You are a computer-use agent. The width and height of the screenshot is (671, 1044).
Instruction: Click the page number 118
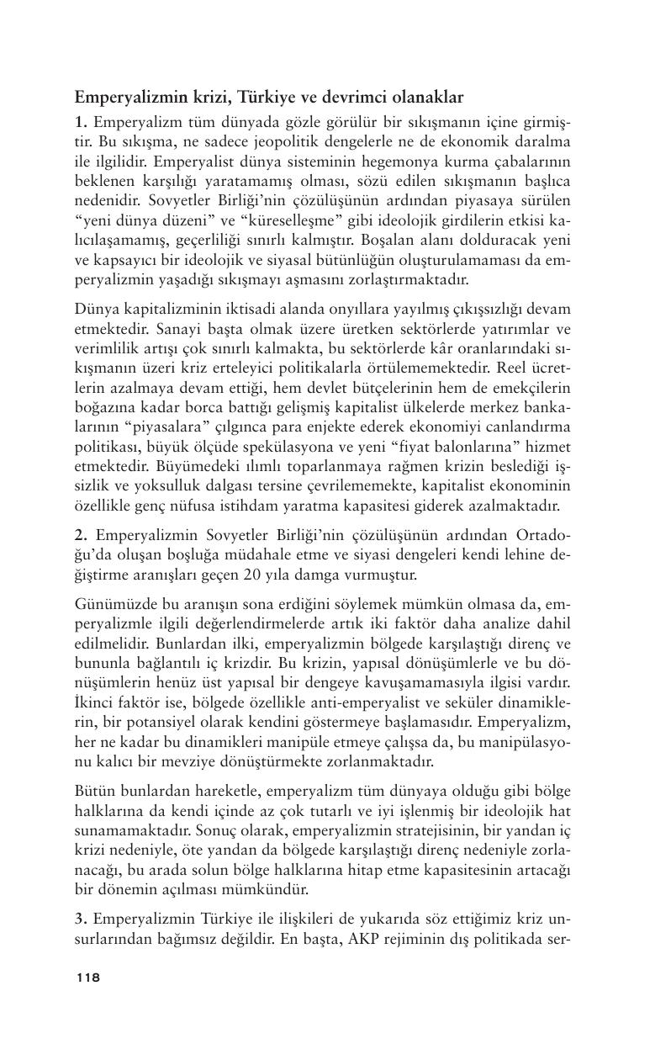(x=87, y=977)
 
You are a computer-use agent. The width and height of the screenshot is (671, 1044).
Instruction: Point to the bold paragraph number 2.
(x=80, y=535)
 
